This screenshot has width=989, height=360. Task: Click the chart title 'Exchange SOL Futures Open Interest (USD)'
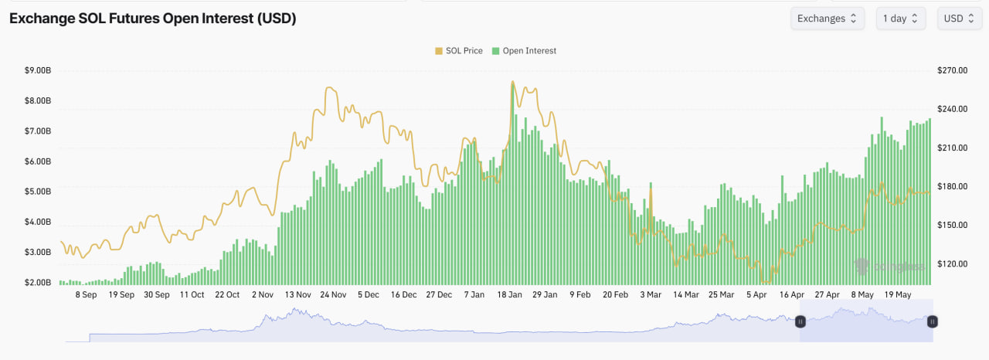[152, 19]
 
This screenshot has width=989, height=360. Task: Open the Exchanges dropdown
[827, 19]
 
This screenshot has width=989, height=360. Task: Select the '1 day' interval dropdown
[900, 19]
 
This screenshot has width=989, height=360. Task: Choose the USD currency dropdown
[960, 19]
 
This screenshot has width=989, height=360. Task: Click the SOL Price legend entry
[459, 51]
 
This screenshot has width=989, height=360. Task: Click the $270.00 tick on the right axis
[952, 70]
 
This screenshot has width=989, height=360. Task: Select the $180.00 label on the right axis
[952, 186]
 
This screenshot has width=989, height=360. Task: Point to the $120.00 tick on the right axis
[952, 263]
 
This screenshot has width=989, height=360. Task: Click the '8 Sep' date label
[86, 294]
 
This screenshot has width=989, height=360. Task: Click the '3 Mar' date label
[650, 294]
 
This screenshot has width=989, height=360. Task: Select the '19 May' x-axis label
[898, 294]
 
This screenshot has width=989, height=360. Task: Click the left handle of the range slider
[800, 321]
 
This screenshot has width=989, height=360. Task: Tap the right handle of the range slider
[933, 321]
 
